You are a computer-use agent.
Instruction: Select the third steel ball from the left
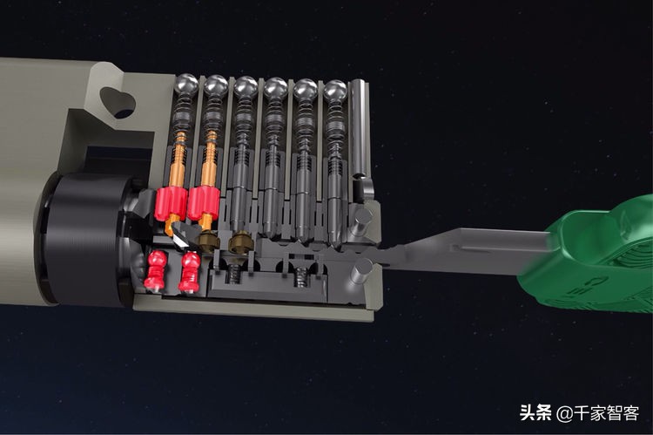246,87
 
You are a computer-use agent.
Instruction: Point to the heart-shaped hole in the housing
118,102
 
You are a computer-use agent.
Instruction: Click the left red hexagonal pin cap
172,203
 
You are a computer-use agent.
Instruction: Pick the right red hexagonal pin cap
203,203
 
